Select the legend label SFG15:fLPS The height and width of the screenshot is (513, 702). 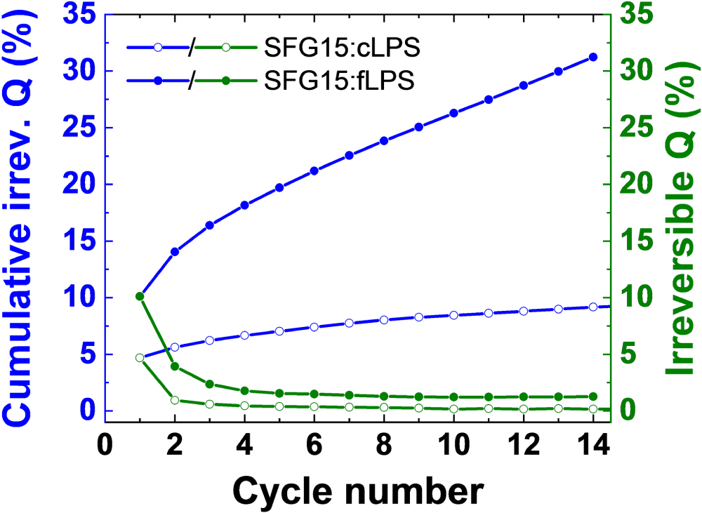340,81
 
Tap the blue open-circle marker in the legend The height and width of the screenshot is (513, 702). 157,48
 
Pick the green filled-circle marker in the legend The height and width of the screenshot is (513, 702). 225,81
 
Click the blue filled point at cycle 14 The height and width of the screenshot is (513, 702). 592,57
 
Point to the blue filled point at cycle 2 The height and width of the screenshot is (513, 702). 175,251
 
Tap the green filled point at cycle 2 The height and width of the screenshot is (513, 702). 175,366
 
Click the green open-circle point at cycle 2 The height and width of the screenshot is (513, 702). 175,400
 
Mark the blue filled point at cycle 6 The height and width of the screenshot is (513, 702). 314,171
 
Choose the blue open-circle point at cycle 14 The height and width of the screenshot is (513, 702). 592,307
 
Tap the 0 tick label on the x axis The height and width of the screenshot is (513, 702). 105,446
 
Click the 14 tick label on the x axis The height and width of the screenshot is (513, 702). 592,446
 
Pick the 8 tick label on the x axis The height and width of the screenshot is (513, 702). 384,446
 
